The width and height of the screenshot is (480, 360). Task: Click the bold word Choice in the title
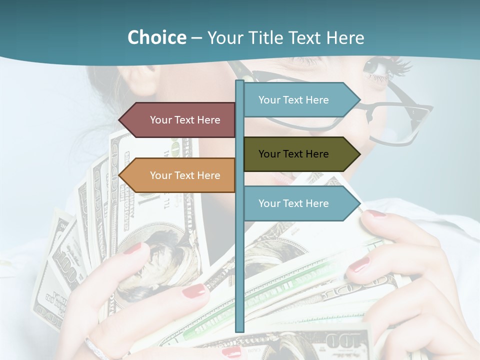[x=156, y=37]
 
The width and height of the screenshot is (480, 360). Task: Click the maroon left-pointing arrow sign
[x=180, y=120]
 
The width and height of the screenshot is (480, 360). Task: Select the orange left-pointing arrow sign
[x=180, y=175]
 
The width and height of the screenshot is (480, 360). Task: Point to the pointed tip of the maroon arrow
[x=120, y=120]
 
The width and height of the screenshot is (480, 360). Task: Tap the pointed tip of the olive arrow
[x=358, y=154]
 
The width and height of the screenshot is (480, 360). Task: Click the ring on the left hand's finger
[x=95, y=347]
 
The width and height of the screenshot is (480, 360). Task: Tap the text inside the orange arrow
[x=185, y=175]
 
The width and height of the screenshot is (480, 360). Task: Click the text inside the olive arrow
[x=293, y=154]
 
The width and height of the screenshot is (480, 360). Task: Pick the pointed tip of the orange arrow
[x=120, y=175]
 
